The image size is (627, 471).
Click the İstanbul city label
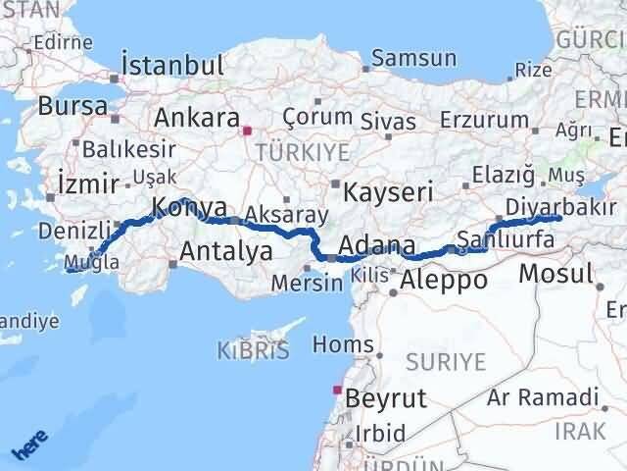pos(171,66)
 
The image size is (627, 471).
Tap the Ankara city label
pos(196,118)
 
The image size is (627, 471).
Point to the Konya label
pos(189,207)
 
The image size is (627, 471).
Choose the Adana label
pos(377,245)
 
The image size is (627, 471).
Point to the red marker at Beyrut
pos(339,391)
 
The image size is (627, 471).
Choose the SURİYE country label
pos(448,362)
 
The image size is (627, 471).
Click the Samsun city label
pos(414,58)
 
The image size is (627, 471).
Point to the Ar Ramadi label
pos(557,396)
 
